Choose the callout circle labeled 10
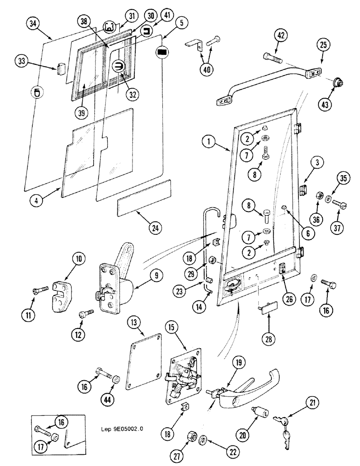tap(78, 258)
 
